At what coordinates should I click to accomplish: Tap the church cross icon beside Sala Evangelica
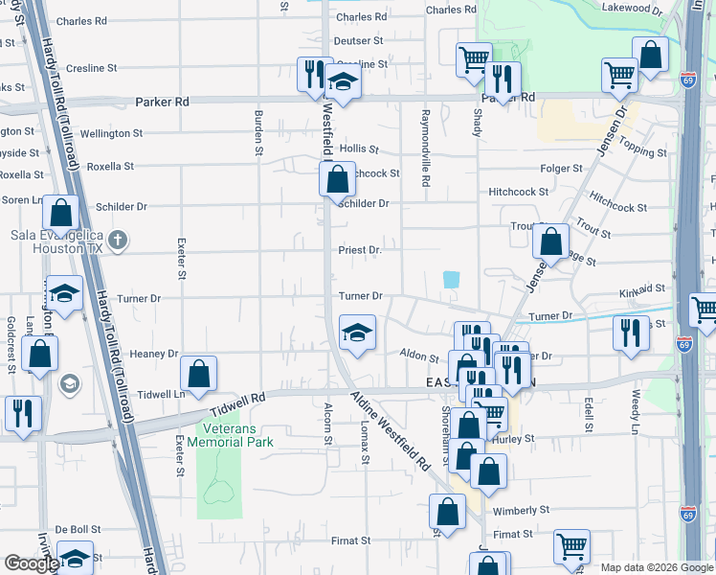(x=117, y=240)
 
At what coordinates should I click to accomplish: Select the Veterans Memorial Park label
(x=231, y=435)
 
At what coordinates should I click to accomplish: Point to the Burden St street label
(x=258, y=131)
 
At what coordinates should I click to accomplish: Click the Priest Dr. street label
(x=360, y=250)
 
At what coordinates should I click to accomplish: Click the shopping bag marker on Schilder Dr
(x=337, y=178)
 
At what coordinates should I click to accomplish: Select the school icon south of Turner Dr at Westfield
(x=357, y=333)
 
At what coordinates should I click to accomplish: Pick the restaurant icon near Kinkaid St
(x=631, y=332)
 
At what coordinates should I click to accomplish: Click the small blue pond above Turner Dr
(x=451, y=279)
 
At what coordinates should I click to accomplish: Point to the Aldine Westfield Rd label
(x=390, y=430)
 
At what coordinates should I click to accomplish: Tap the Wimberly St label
(x=521, y=511)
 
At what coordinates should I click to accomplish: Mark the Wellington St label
(x=110, y=133)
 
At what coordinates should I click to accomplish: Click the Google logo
(x=31, y=563)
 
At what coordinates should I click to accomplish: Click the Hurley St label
(x=541, y=438)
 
